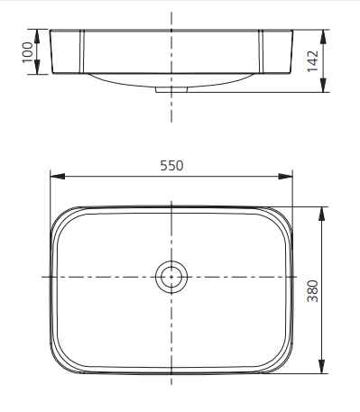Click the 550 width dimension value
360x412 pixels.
click(x=171, y=166)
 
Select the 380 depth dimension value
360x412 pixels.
click(x=311, y=289)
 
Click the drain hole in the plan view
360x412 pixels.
click(x=171, y=277)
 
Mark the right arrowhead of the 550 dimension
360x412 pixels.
click(x=290, y=176)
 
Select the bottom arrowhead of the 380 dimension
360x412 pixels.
click(x=322, y=371)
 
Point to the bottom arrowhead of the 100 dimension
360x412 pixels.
click(x=38, y=71)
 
